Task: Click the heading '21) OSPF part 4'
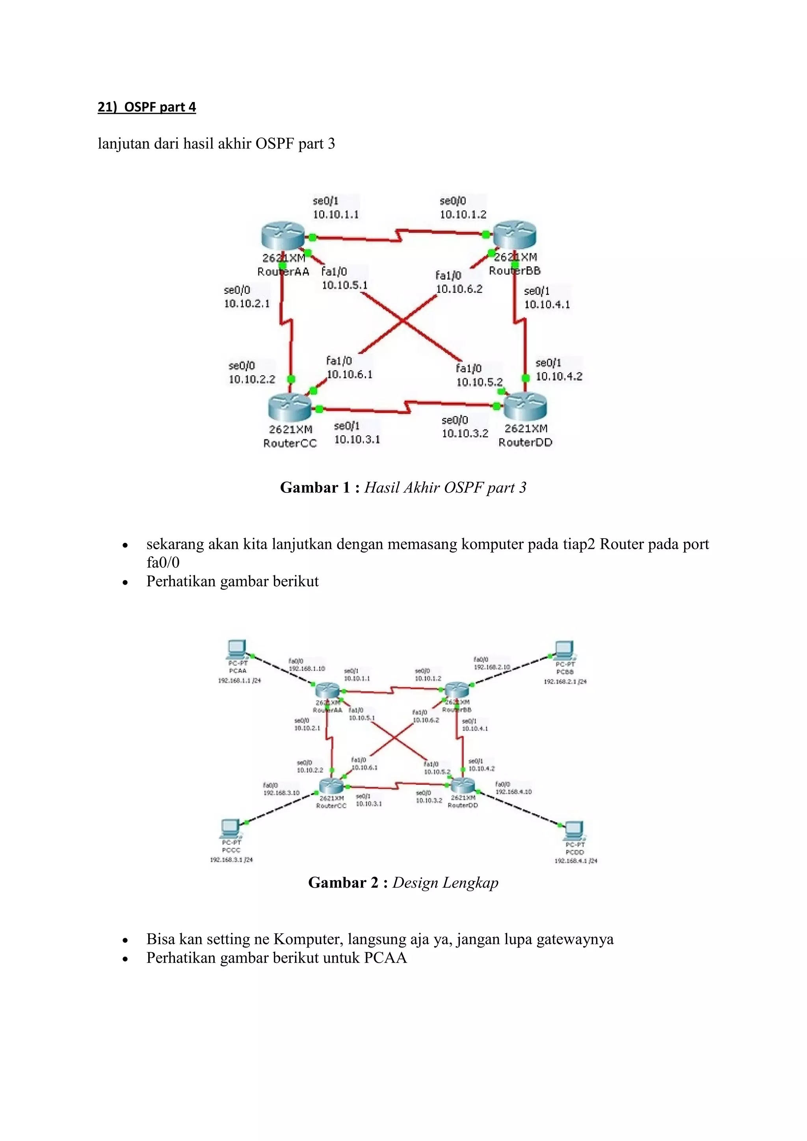point(147,107)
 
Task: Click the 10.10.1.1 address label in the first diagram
point(335,215)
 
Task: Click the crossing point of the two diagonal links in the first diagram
point(403,321)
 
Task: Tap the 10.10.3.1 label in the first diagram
point(357,439)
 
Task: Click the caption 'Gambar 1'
point(315,487)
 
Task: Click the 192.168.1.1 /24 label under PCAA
point(239,680)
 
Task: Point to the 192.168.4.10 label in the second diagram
point(513,792)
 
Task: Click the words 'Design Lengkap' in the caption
point(445,883)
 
